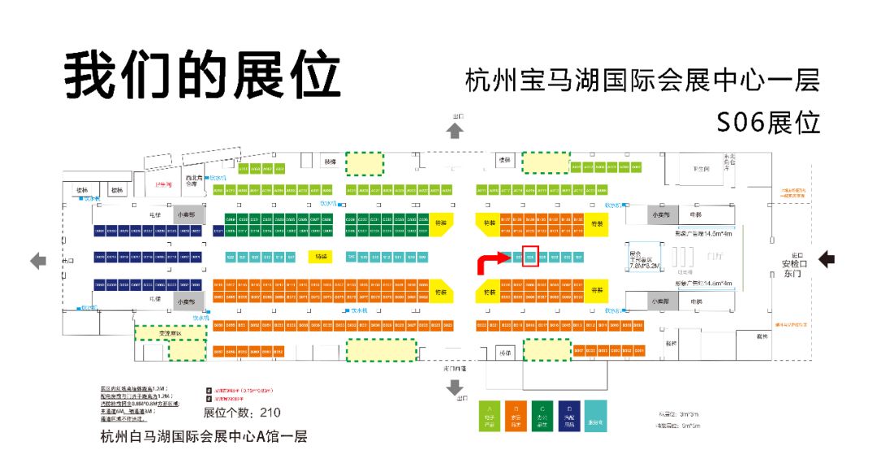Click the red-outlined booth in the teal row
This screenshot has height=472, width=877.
click(530, 257)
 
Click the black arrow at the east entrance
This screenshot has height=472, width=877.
click(827, 259)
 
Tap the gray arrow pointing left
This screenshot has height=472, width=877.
click(38, 261)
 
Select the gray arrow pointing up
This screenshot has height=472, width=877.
click(456, 130)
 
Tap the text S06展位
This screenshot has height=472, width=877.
click(767, 122)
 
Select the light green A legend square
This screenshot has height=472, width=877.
click(490, 416)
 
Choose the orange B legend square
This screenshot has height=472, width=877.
click(516, 416)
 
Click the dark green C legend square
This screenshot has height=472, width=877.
click(542, 416)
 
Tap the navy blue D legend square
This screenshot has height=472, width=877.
click(568, 416)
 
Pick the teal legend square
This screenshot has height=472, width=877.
click(594, 416)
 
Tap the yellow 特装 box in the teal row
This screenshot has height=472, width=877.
click(321, 257)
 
